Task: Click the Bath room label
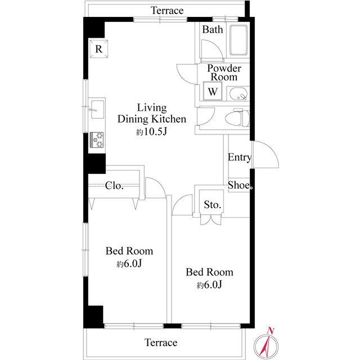(213, 30)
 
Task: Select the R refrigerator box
(98, 49)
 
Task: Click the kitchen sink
(96, 109)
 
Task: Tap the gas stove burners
(97, 139)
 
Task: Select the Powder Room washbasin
(240, 94)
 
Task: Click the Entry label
(239, 157)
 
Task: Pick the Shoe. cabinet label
(240, 184)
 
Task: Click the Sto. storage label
(212, 204)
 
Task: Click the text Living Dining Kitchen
(151, 113)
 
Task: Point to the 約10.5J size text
(152, 132)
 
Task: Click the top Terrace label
(168, 11)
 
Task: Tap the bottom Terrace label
(161, 343)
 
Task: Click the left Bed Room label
(129, 251)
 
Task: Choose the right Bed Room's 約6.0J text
(210, 285)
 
